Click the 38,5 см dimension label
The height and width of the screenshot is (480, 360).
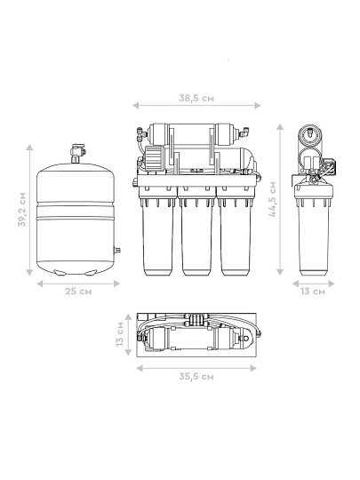[196, 99]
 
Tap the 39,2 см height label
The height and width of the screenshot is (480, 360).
[22, 210]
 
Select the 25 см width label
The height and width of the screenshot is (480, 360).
[78, 292]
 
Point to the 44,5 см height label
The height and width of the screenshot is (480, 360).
[273, 199]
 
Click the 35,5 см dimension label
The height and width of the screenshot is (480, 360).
[196, 376]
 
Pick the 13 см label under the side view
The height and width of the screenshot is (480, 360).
[313, 292]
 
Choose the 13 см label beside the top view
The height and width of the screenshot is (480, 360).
[120, 334]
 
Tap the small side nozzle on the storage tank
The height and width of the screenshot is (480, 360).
[116, 250]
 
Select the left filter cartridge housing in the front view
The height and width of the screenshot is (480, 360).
[157, 235]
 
